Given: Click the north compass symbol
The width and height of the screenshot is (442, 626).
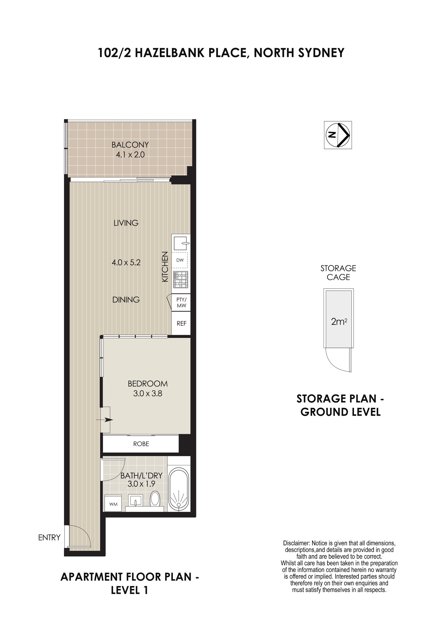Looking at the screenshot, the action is pos(338,135).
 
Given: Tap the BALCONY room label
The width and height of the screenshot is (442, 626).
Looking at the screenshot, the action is pos(130,144).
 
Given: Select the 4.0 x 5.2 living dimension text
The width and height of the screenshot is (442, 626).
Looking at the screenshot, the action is pos(126,262).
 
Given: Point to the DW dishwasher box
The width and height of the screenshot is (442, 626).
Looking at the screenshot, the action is pos(180,260).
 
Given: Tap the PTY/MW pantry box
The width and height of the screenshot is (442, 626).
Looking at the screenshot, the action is pos(181,302).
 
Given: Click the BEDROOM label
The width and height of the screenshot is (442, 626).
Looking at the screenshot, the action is pos(148,384).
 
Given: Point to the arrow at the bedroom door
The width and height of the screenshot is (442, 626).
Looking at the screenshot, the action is pos(105,420).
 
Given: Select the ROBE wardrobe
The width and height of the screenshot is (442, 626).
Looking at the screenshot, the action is pos(141,444).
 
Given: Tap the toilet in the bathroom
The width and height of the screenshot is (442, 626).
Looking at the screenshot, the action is pos(155,498).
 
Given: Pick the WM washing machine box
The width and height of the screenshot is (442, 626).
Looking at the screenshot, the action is pos(113,504).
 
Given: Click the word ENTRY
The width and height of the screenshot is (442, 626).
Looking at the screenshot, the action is pos(49,538).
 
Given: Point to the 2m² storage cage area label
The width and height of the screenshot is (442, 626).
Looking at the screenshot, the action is pos(339,322).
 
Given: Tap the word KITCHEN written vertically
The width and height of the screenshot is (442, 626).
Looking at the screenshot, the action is pos(165,267).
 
